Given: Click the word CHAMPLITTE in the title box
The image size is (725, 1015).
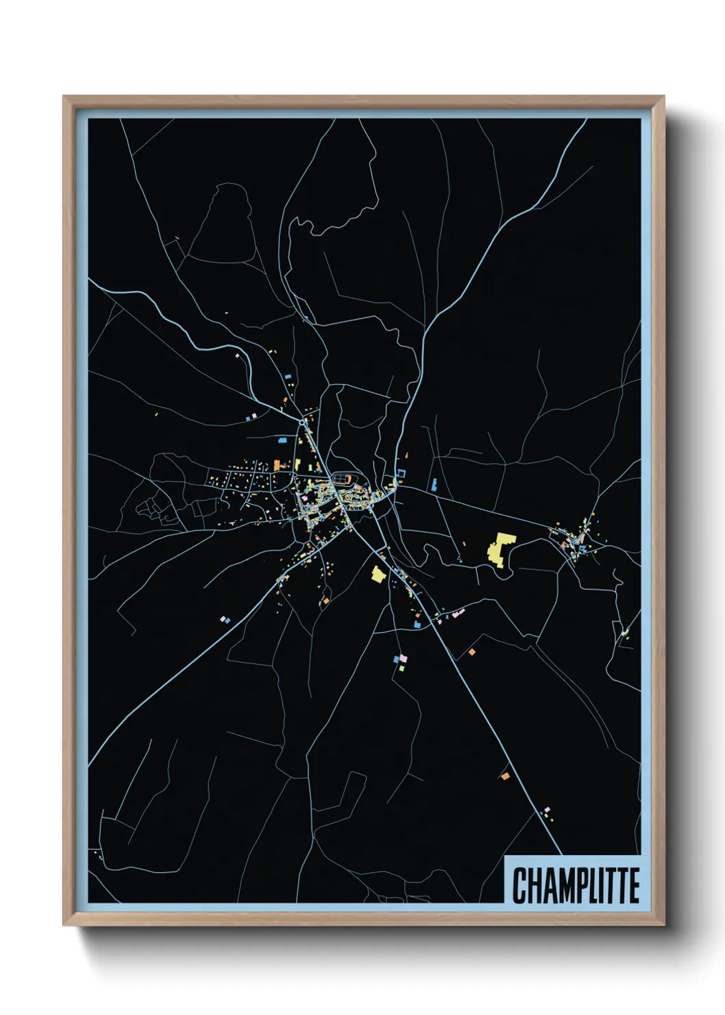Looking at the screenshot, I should coord(576,885).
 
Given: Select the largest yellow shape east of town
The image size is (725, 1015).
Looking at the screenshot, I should coord(501,548).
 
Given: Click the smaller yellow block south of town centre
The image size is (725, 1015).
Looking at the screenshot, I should coord(378,574).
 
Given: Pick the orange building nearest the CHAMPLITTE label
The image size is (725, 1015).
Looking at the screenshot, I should coord(505,776).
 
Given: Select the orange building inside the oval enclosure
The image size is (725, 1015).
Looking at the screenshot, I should coord(346,478).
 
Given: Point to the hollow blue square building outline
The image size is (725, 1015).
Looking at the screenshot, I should coord(402,473).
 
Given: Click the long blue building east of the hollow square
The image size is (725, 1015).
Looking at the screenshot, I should coord(434,484).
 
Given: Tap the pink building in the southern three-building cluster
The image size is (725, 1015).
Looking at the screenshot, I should coord(403,658).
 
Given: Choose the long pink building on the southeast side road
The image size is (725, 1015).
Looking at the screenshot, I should coord(458,612).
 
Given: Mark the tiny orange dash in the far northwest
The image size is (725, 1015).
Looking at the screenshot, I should coord(177,239).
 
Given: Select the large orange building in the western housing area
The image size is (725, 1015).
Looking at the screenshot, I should coord(278,464).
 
